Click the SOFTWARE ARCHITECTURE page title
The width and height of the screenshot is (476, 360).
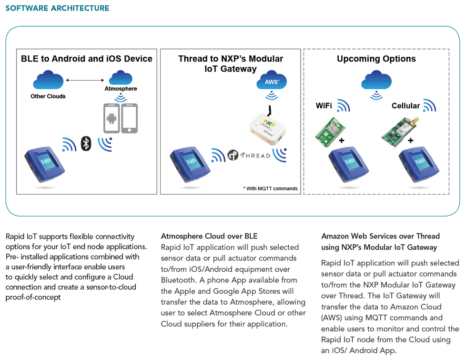57,8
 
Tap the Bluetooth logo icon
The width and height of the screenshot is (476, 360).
86,143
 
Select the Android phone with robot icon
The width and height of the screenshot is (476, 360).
111,118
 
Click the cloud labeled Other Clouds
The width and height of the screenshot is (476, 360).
48,79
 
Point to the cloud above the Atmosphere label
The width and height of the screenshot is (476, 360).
121,78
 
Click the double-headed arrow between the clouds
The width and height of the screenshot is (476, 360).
85,80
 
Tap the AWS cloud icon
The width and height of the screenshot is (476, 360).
272,82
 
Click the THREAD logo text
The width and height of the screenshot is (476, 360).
255,155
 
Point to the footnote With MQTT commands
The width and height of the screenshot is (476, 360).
270,188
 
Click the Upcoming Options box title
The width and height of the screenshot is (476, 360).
376,59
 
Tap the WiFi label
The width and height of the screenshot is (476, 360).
324,106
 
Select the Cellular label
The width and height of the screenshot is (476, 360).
405,106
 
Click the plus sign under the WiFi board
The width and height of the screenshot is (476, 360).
342,141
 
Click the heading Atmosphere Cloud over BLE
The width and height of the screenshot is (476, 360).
209,236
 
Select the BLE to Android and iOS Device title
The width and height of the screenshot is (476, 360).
87,59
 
